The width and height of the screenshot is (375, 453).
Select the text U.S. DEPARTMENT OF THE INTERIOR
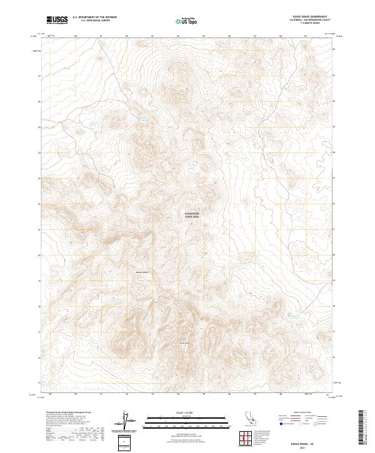(x=94, y=17)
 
